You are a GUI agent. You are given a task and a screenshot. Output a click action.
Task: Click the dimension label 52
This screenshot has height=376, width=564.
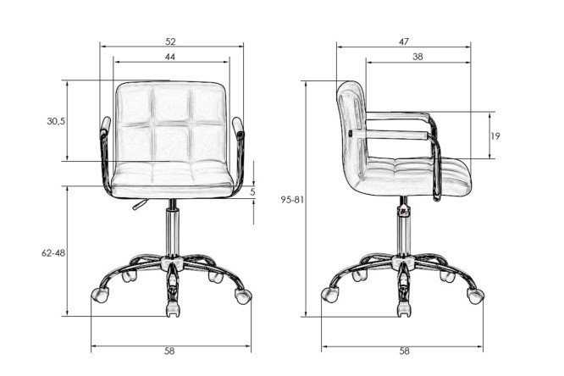[170, 41]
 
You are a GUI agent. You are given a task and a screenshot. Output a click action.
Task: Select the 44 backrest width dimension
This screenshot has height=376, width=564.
[170, 57]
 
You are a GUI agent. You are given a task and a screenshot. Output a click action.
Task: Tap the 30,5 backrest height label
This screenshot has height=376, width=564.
[56, 121]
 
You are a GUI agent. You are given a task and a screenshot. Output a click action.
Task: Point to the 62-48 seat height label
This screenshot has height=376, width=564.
[53, 253]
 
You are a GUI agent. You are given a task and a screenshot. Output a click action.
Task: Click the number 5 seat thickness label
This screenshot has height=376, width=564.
[252, 192]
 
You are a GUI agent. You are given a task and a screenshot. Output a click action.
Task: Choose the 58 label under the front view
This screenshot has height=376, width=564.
[169, 351]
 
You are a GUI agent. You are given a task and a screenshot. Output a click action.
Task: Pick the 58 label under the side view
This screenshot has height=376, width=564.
[404, 351]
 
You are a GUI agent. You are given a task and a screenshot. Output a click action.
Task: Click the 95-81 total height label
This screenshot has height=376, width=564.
[292, 200]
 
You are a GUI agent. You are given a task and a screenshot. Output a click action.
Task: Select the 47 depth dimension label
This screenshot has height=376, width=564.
[404, 41]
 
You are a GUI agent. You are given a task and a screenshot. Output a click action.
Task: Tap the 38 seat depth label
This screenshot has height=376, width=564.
[417, 57]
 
